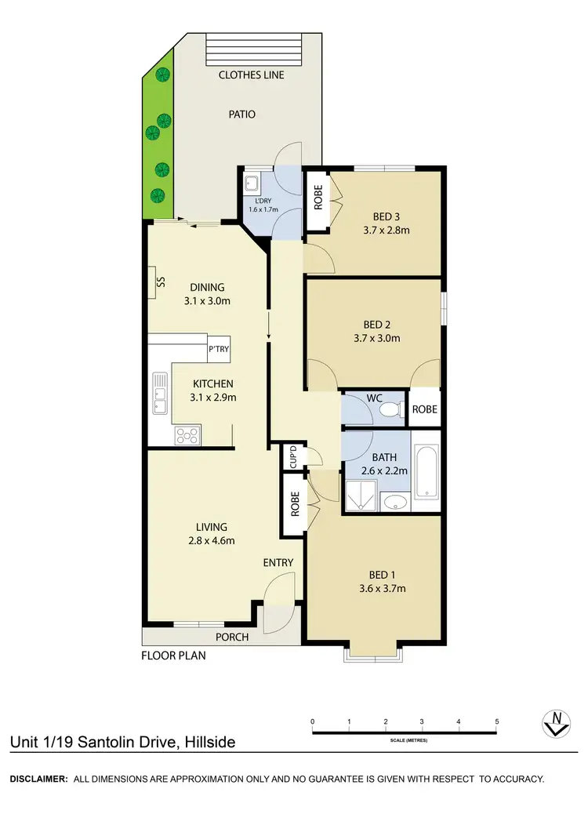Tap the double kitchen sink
160,391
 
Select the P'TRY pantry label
219,350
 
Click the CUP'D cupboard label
293,457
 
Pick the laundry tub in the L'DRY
252,185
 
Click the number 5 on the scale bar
496,721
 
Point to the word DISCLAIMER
38,779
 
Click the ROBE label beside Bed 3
318,200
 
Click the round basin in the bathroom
395,503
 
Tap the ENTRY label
278,562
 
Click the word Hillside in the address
207,742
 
